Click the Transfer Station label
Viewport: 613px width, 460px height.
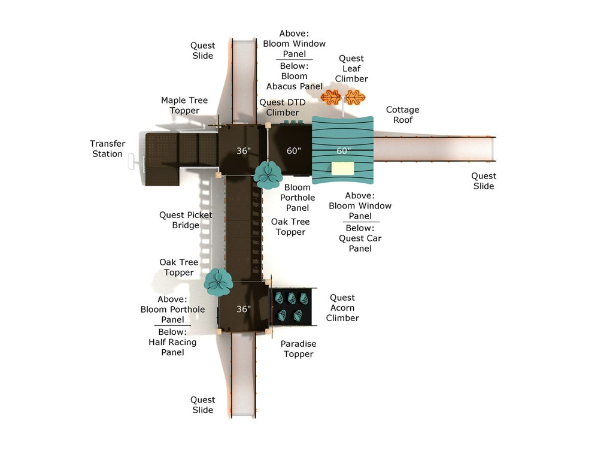107,149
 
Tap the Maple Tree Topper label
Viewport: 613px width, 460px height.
184,105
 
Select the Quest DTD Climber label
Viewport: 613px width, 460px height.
282,108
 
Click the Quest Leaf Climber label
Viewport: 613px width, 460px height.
351,68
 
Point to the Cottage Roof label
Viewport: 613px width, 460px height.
402,114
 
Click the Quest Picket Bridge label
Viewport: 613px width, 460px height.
186,220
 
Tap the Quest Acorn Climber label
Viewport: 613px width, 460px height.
342,307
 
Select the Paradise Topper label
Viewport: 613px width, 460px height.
298,349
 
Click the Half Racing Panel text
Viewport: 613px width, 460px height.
172,347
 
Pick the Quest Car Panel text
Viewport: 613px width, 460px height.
360,243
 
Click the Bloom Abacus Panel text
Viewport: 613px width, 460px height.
295,81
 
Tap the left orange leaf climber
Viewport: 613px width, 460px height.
330,97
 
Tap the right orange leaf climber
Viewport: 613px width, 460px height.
356,97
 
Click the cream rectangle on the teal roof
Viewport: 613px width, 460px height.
342,168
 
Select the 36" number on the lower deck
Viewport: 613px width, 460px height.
243,309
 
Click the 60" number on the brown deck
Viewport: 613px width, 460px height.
293,151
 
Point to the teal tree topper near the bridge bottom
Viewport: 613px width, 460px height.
218,282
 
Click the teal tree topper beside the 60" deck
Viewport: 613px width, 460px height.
268,174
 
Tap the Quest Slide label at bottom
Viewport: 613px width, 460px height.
202,405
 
